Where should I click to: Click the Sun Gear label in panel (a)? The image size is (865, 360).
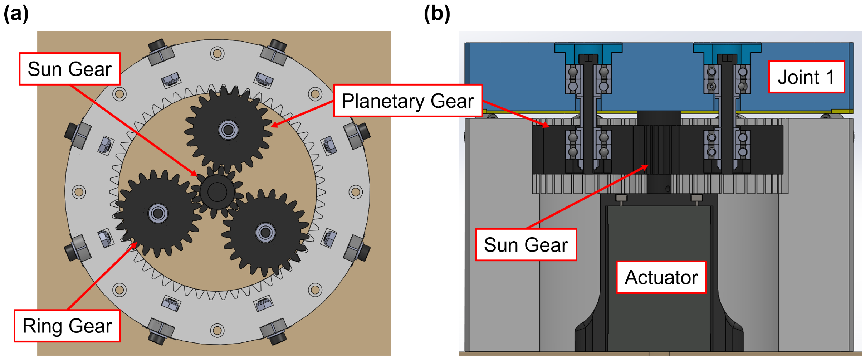[x=70, y=69]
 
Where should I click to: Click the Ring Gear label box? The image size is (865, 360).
[x=67, y=326]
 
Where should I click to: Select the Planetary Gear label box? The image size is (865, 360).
[x=407, y=101]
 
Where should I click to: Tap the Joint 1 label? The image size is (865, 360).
[x=806, y=77]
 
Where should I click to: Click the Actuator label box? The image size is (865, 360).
[x=661, y=277]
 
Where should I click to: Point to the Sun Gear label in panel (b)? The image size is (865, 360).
[x=526, y=245]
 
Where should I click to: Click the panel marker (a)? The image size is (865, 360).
[x=16, y=14]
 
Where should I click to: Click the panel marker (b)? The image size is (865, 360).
[x=437, y=14]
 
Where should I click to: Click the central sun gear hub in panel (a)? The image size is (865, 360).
[x=217, y=192]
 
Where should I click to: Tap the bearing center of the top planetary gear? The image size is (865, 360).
[x=228, y=130]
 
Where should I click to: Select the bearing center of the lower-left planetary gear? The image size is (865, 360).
[x=158, y=214]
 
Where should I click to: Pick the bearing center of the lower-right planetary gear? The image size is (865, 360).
[x=265, y=233]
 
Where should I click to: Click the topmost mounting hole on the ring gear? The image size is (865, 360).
[x=217, y=54]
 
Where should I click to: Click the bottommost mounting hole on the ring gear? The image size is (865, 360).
[x=217, y=330]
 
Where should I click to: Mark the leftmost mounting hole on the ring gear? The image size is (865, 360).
[x=79, y=192]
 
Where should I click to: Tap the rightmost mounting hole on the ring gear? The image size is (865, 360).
[x=356, y=192]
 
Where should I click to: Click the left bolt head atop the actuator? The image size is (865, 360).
[x=621, y=198]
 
